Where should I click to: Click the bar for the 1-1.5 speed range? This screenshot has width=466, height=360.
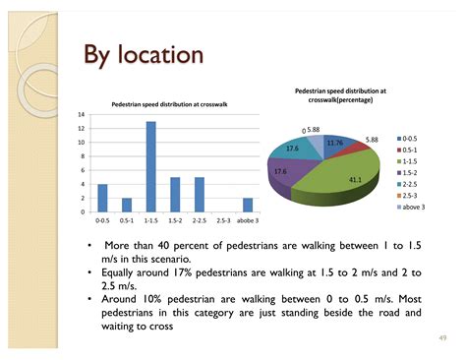point(151,167)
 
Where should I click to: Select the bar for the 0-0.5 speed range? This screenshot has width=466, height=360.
point(102,198)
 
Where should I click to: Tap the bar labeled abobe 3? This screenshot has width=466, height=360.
point(248,205)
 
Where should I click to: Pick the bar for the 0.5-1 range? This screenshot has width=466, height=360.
point(127,205)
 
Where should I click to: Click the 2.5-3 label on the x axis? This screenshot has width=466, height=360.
point(223,220)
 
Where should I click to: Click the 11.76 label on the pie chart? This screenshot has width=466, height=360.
point(335,143)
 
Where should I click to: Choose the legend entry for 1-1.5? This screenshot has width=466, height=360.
point(407,161)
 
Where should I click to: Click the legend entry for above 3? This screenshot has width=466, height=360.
point(411,207)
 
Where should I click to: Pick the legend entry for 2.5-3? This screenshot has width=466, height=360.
point(407,196)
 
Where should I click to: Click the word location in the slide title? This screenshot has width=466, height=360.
point(160,54)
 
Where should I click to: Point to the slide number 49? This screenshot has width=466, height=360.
point(442,338)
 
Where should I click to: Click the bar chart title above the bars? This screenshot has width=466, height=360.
point(169,104)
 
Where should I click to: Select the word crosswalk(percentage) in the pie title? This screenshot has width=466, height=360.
point(340,99)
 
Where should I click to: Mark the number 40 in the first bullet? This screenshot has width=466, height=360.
point(163,246)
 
